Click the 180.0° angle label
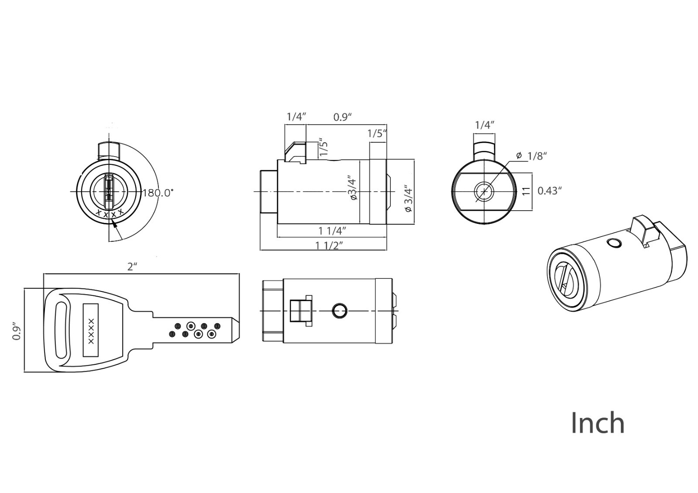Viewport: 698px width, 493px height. [x=158, y=193]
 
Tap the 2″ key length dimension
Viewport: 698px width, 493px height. [x=132, y=267]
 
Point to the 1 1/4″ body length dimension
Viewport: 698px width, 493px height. [x=332, y=231]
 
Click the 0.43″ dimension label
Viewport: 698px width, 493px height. [x=550, y=191]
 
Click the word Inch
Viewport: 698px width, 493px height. [x=598, y=423]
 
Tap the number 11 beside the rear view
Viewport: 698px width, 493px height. [x=526, y=191]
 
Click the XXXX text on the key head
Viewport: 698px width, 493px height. [x=91, y=331]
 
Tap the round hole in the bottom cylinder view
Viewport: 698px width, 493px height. [x=339, y=311]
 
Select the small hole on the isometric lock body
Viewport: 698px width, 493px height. [x=613, y=243]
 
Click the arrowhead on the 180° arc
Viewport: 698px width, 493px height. [x=116, y=224]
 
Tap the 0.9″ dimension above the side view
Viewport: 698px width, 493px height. [x=343, y=117]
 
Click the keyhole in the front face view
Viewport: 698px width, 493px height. [x=109, y=192]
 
